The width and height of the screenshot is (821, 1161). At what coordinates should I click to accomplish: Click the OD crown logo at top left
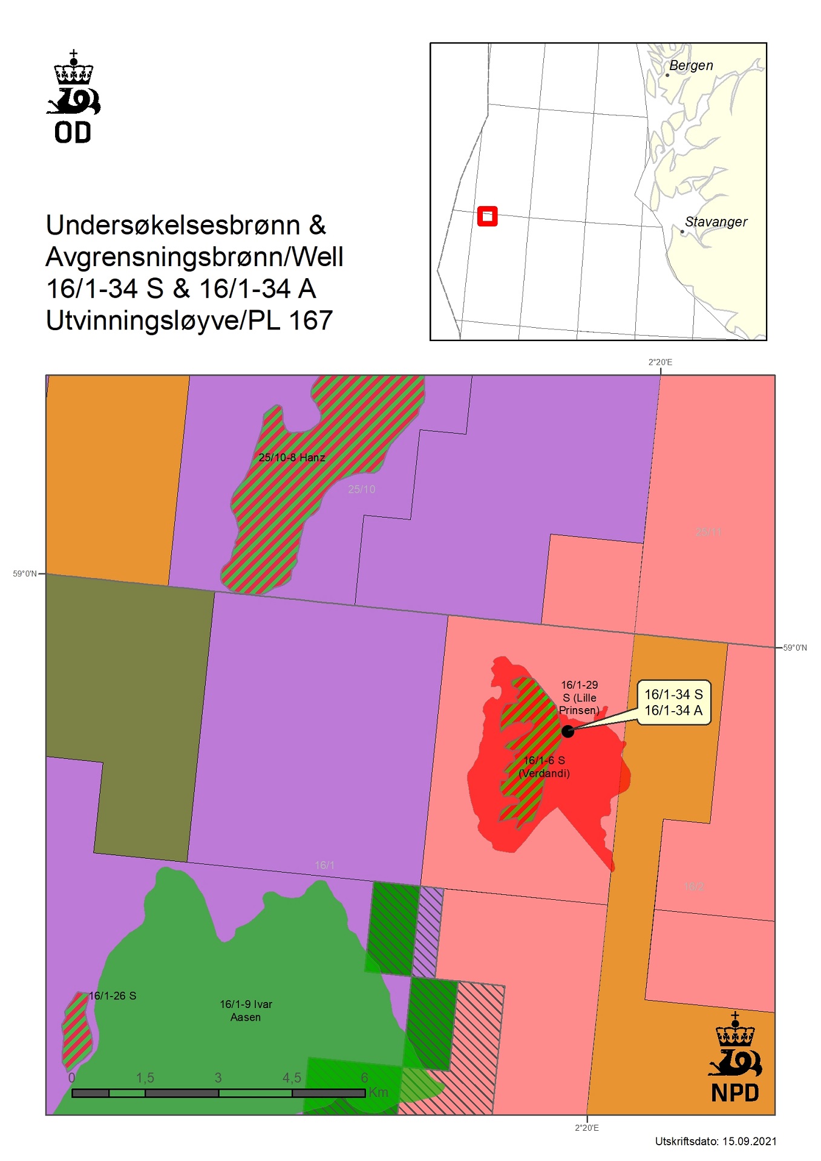click(x=73, y=97)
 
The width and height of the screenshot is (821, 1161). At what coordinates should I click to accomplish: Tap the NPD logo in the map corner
click(x=734, y=1058)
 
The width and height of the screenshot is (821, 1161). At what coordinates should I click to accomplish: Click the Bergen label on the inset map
click(x=691, y=65)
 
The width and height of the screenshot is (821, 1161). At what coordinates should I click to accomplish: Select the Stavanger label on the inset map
click(x=716, y=222)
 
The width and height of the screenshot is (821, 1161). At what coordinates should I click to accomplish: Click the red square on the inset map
click(x=487, y=216)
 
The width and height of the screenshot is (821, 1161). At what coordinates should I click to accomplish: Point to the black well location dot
click(x=568, y=731)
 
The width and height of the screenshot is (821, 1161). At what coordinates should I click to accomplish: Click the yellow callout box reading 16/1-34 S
click(x=673, y=702)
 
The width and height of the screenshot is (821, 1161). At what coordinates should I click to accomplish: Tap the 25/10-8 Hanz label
click(x=292, y=458)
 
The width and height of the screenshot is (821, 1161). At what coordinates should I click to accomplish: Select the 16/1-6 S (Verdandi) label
click(x=545, y=767)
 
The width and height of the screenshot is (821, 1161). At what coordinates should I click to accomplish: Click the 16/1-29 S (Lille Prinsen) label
click(x=579, y=697)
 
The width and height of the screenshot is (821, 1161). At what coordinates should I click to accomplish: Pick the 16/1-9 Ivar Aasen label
click(x=246, y=1010)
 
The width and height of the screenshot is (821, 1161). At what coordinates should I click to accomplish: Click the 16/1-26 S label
click(x=113, y=995)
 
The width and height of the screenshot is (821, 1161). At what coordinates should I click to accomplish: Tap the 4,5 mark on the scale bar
click(x=292, y=1078)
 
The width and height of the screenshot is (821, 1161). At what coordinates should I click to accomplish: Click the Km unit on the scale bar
click(x=378, y=1092)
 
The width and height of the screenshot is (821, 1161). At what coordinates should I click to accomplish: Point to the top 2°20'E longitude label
click(x=660, y=362)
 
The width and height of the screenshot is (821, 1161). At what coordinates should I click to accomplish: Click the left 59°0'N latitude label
click(x=25, y=573)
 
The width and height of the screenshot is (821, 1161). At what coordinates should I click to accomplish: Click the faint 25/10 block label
click(x=361, y=489)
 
